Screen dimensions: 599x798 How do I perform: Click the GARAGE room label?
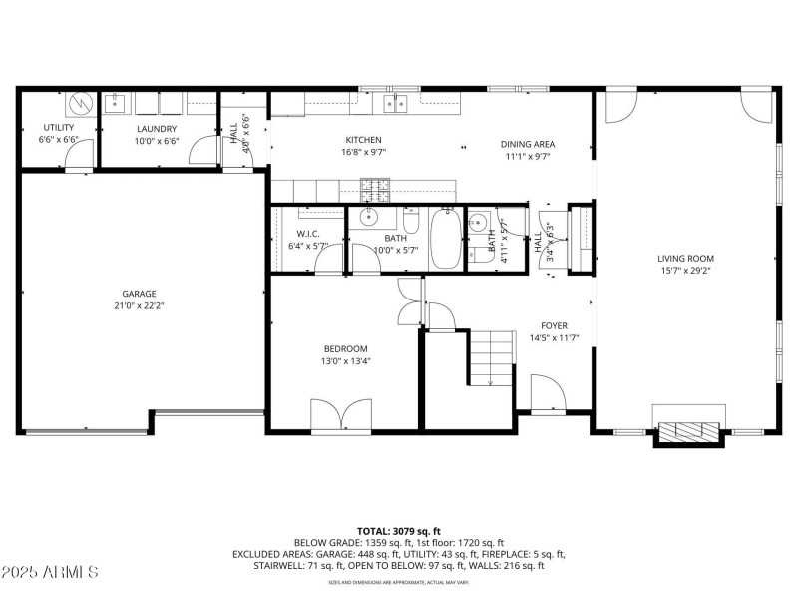(x=140, y=294)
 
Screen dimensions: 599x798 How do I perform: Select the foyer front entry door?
(x=545, y=394)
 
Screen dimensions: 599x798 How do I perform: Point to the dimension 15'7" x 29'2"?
(x=685, y=270)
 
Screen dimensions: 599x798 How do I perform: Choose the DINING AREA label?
(x=527, y=144)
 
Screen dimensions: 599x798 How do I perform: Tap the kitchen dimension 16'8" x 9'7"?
(x=363, y=153)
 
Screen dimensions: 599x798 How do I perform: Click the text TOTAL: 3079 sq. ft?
(x=399, y=531)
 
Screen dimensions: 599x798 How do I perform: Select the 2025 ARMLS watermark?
(x=50, y=573)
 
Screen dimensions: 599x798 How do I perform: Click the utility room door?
(x=81, y=155)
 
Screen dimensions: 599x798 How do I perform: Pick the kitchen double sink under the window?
(x=401, y=101)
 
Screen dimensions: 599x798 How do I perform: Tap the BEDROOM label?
(x=345, y=348)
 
